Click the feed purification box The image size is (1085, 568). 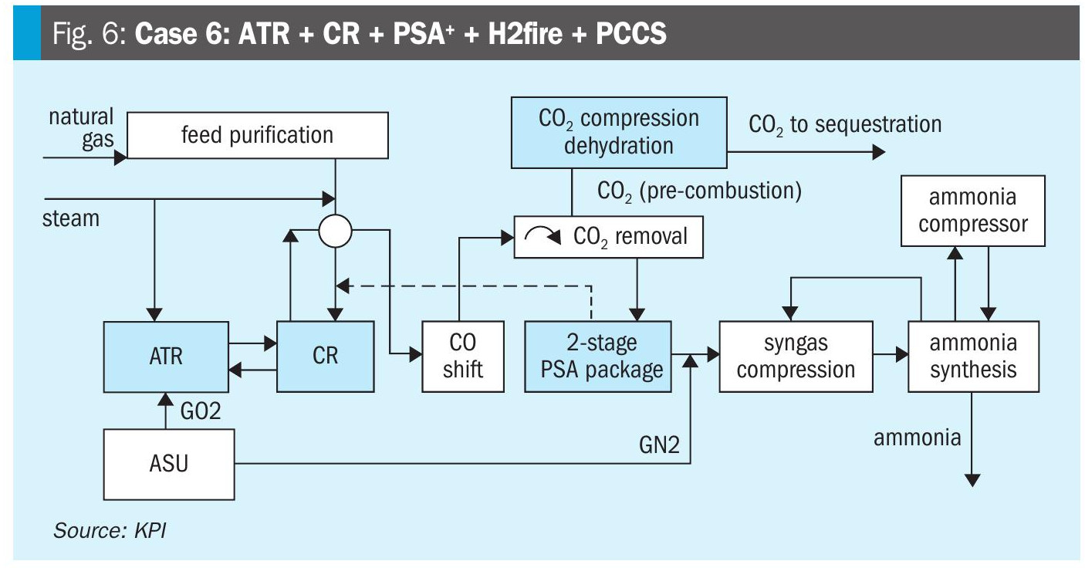257,135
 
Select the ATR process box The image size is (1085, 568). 167,356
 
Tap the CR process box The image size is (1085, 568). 325,356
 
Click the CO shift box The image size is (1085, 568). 462,356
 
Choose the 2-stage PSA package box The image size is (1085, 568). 597,356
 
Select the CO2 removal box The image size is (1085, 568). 609,235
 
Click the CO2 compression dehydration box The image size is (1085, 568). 618,132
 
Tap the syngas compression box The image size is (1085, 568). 795,356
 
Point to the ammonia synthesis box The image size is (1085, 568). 972,356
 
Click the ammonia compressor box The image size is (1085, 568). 972,210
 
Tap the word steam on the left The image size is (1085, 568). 71,218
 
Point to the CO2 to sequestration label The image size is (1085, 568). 845,124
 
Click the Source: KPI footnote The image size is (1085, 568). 108,532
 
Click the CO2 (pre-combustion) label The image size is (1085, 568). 700,191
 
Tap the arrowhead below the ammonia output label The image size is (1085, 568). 972,479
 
